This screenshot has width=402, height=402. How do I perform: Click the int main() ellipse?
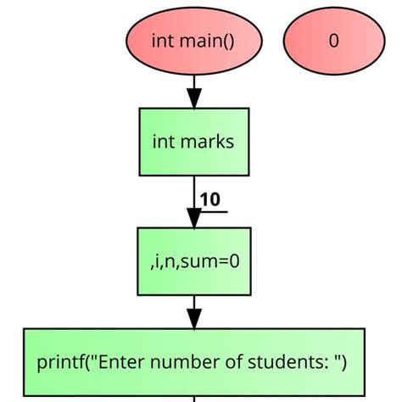tap(193, 40)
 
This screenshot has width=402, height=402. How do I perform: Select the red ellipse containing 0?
tap(333, 40)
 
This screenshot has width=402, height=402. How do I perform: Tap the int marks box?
tap(193, 142)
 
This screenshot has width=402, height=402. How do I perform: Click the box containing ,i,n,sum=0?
tap(193, 260)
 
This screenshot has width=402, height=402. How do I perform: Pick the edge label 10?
tap(209, 199)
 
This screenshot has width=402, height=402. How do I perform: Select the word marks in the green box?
tap(207, 142)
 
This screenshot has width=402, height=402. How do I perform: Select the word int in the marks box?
tap(163, 142)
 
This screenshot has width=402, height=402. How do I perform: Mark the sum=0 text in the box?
tap(215, 260)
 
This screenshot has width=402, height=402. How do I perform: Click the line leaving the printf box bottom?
tap(194, 399)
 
